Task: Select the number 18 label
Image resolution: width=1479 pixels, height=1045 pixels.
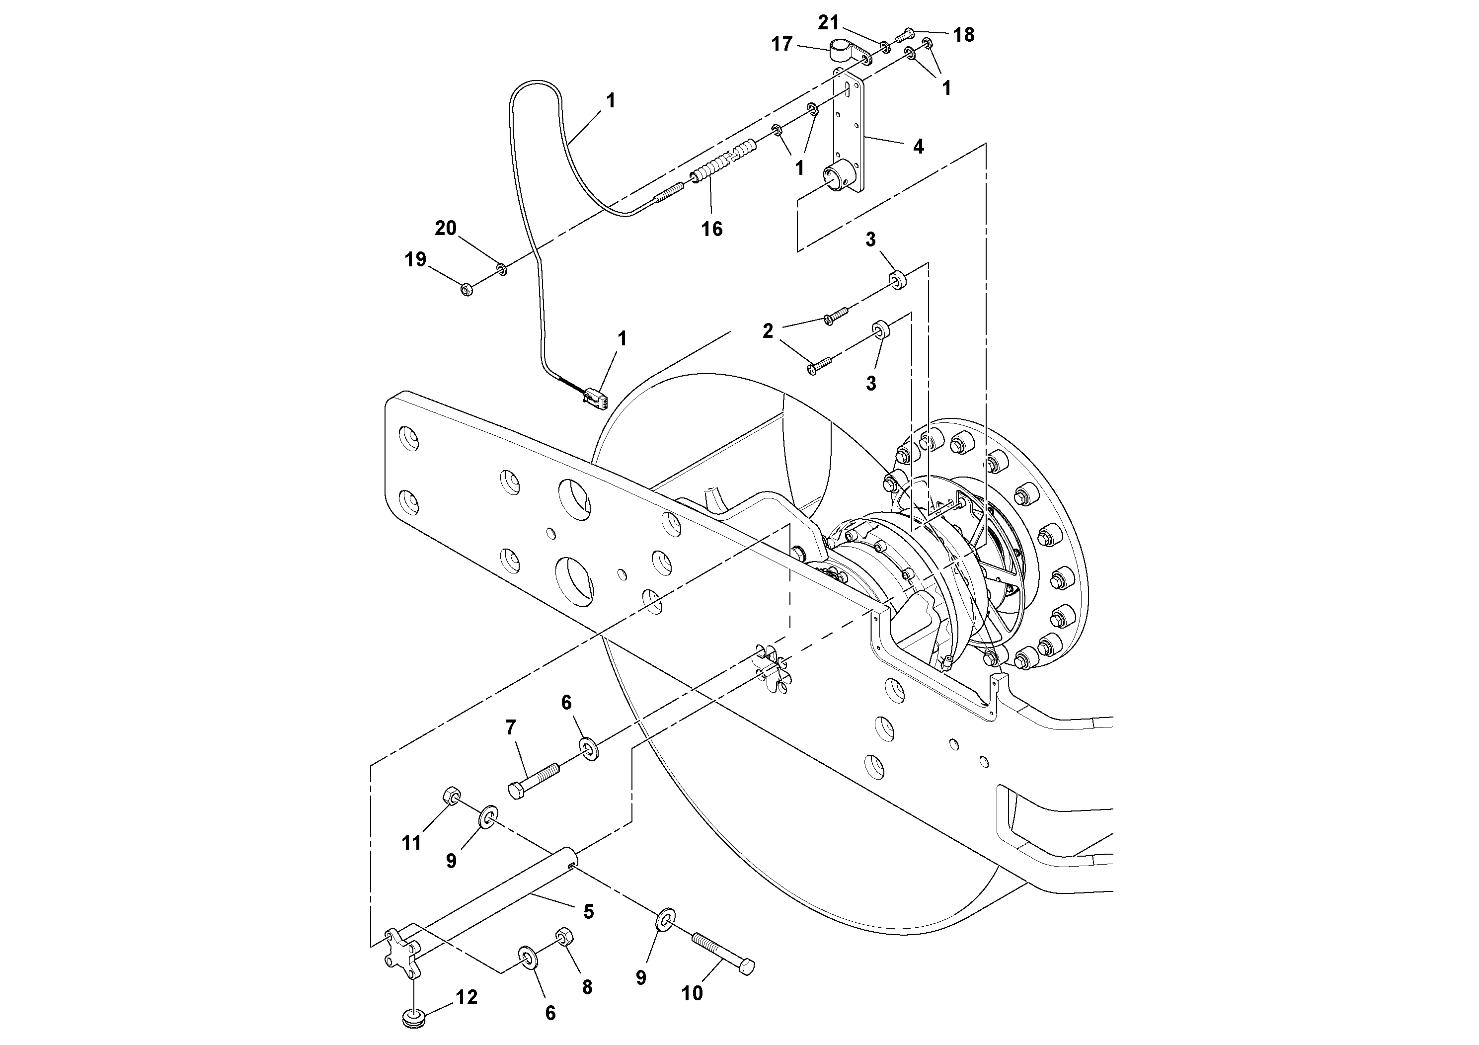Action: point(964,35)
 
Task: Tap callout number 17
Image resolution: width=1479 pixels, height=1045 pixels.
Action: point(781,44)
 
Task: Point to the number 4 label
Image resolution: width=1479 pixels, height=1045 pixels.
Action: point(919,147)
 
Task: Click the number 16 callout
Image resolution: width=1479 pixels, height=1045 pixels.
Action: point(712,229)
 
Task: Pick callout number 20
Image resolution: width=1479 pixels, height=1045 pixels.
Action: point(446,228)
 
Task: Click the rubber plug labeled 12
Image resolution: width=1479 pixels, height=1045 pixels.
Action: point(410,1019)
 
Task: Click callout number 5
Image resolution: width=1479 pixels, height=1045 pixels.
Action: point(588,912)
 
